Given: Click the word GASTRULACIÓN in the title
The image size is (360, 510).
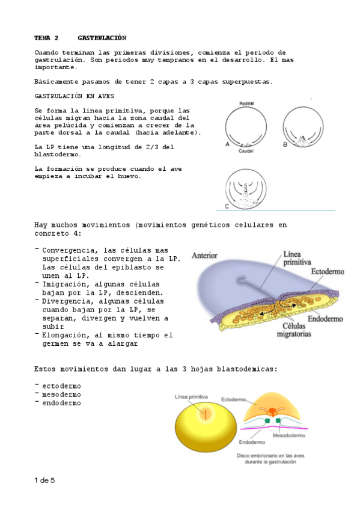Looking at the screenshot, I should (102, 37).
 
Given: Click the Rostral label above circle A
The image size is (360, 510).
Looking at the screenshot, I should (246, 103).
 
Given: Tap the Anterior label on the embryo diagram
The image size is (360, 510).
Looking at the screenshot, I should (204, 255).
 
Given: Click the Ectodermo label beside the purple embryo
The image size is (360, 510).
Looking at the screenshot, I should (328, 271).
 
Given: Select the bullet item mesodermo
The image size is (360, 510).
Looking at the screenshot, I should (61, 394).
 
